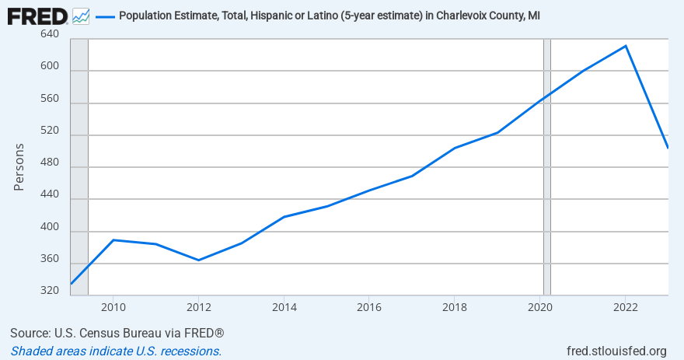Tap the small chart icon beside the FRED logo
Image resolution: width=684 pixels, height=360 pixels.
click(x=81, y=16)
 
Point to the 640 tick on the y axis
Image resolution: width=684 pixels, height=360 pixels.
click(x=50, y=35)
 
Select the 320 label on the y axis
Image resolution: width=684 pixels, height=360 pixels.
click(x=50, y=291)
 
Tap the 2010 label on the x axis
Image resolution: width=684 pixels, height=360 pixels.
click(x=113, y=307)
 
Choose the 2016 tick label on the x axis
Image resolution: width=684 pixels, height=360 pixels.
click(x=369, y=307)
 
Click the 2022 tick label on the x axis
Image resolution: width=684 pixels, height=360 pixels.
click(x=626, y=307)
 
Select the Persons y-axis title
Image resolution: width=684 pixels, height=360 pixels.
click(x=19, y=167)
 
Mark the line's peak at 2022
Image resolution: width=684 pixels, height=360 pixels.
click(x=626, y=46)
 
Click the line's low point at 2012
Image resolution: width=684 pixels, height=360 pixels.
click(x=199, y=260)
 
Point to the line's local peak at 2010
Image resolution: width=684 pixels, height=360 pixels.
click(x=113, y=239)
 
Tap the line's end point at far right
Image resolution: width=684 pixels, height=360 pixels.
click(x=668, y=147)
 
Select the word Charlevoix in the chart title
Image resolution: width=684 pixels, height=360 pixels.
click(x=438, y=16)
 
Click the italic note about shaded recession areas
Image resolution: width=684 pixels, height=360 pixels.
click(x=116, y=351)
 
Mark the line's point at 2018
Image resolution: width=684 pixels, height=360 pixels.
click(x=455, y=148)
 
